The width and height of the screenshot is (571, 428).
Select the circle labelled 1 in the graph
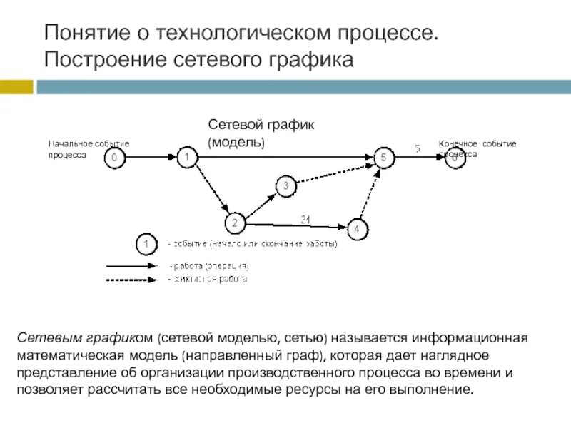[x=186, y=156]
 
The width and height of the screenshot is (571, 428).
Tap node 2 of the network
[x=233, y=223]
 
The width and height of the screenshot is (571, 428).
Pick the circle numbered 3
[x=285, y=187]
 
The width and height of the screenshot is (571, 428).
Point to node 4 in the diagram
[x=358, y=230]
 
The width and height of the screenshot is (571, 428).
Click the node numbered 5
[x=383, y=157]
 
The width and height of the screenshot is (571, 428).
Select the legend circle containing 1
[x=146, y=245]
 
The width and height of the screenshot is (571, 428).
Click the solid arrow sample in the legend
[x=132, y=265]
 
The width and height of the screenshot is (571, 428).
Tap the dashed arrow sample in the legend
[x=132, y=279]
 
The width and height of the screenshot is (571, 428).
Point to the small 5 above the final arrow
[x=418, y=148]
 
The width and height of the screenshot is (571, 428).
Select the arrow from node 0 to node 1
[x=150, y=156]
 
